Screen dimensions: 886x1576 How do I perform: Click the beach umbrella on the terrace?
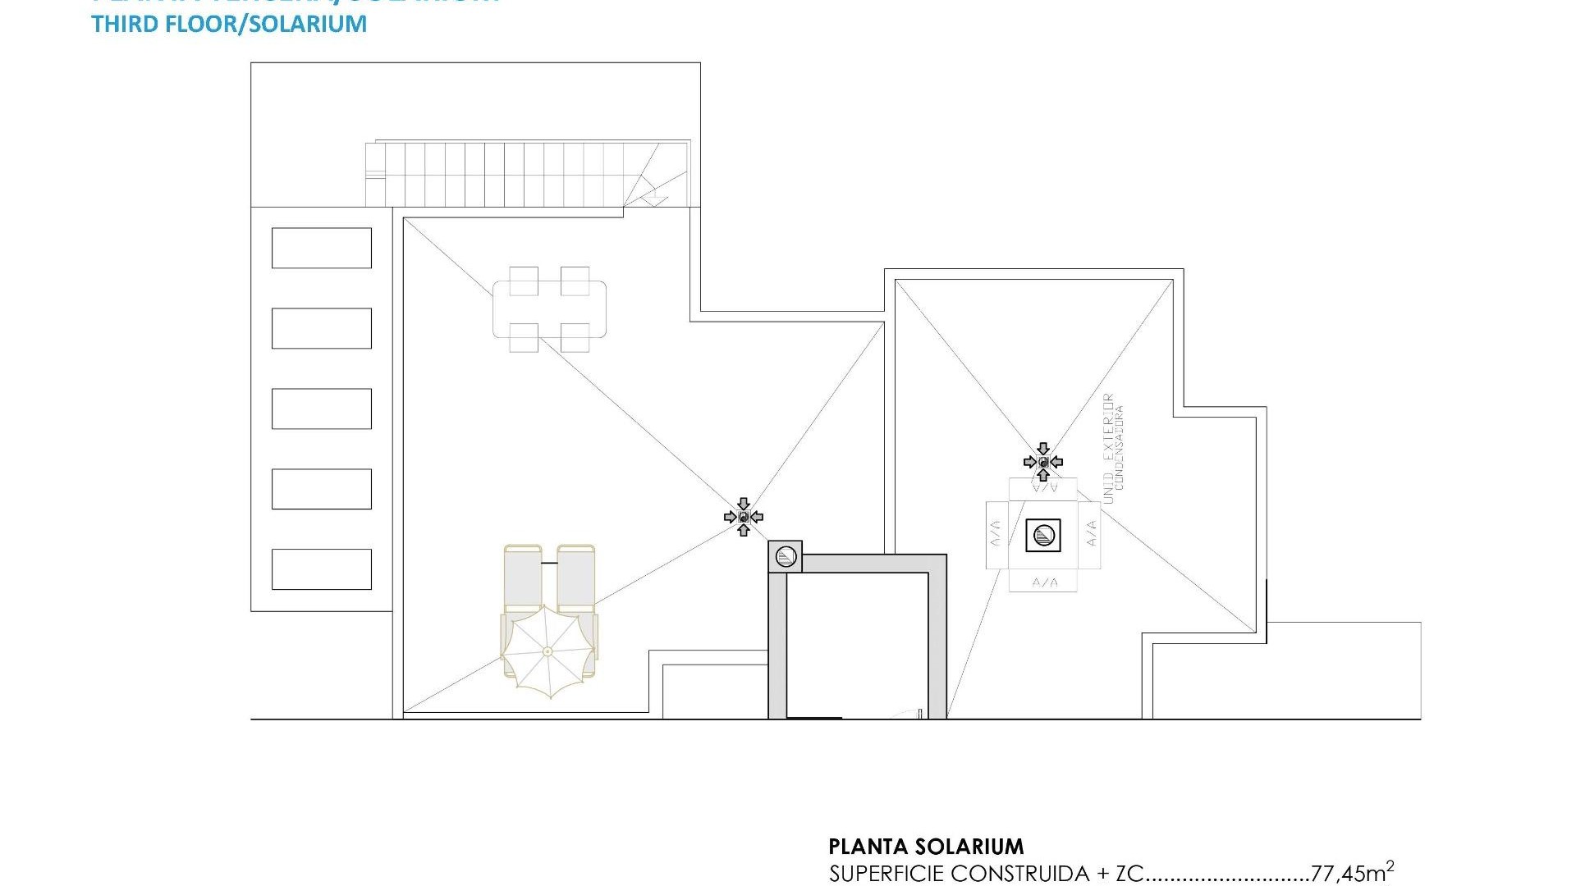[548, 651]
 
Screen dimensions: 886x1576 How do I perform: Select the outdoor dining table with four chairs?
[549, 309]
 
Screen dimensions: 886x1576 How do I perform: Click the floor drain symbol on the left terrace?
[744, 517]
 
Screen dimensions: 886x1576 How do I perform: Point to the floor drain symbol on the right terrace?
[1043, 462]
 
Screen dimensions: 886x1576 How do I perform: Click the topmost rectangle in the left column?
[321, 248]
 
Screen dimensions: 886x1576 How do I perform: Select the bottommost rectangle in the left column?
[321, 569]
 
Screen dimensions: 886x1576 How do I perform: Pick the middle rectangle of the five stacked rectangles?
[321, 409]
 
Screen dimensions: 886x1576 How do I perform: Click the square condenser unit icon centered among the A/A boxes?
[1043, 536]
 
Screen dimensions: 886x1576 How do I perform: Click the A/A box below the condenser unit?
[1043, 582]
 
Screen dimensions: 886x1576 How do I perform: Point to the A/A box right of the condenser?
[1091, 536]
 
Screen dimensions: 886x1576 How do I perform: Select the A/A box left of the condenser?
[995, 536]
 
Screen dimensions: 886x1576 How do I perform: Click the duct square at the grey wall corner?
[785, 557]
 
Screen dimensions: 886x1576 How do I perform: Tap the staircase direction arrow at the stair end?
[653, 198]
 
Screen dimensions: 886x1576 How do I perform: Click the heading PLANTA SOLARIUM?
[926, 847]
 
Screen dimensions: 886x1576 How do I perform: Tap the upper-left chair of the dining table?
[524, 281]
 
